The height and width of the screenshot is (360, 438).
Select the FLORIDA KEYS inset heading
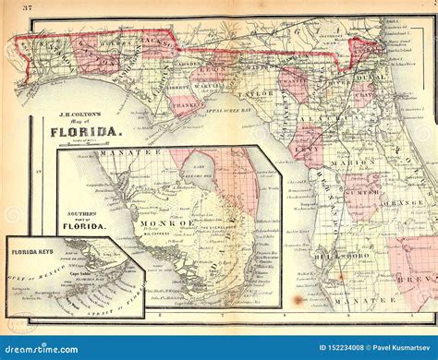tap(33, 250)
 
